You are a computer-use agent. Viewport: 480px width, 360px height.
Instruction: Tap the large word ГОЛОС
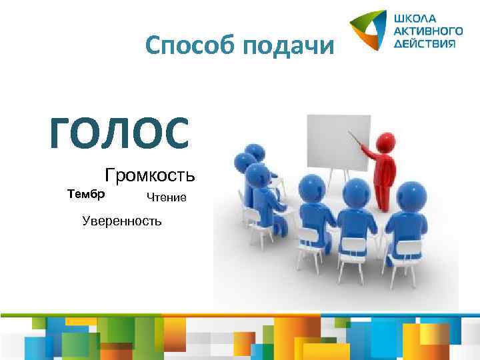click(x=119, y=131)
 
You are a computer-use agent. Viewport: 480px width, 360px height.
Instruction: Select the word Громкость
click(x=150, y=176)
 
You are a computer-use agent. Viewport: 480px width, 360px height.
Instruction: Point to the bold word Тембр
click(x=86, y=194)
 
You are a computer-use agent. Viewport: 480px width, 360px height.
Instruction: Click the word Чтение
click(x=167, y=197)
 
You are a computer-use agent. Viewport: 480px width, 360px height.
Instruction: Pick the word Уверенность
click(x=121, y=220)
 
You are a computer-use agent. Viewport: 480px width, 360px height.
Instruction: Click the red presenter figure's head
click(x=385, y=141)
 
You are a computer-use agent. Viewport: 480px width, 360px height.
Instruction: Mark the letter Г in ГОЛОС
click(x=62, y=131)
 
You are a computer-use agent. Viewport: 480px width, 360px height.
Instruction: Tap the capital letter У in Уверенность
click(x=85, y=220)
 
